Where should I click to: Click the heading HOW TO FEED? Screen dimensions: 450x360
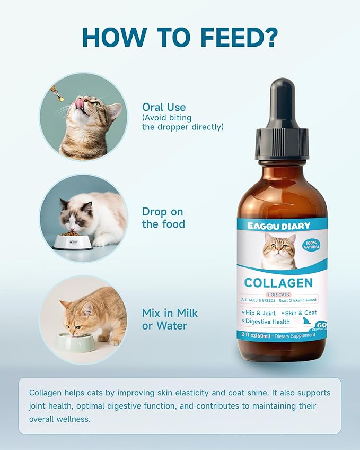(180, 37)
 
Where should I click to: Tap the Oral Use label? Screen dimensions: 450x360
(163, 107)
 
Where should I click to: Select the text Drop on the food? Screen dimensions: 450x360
(163, 218)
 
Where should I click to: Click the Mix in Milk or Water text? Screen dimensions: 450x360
(170, 319)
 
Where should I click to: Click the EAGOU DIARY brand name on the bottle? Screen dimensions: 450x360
(278, 226)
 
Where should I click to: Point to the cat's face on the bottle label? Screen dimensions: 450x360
(280, 249)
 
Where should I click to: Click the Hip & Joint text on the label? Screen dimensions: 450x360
(258, 313)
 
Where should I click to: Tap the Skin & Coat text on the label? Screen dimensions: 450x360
(300, 313)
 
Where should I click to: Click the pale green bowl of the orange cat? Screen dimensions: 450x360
(75, 342)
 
